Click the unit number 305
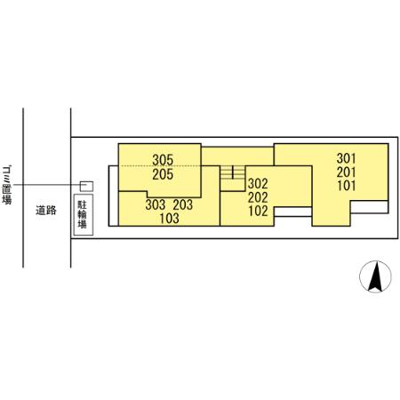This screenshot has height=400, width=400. point(163,160)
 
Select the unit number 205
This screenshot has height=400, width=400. point(163,174)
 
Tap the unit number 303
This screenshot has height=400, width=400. point(156,204)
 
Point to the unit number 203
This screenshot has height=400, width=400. point(183,204)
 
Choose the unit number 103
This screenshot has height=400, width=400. point(169,219)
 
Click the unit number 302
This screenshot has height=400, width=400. point(258,184)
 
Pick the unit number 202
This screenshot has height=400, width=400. point(258,197)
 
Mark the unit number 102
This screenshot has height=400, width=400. point(258,211)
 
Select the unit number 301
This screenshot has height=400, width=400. point(346,158)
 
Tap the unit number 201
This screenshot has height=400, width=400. point(346,172)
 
